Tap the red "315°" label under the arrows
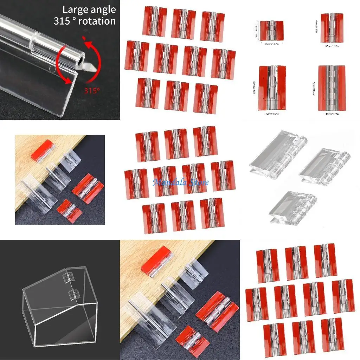[92, 91]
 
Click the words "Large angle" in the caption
[89, 9]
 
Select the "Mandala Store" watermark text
[180, 182]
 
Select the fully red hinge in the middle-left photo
[42, 150]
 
